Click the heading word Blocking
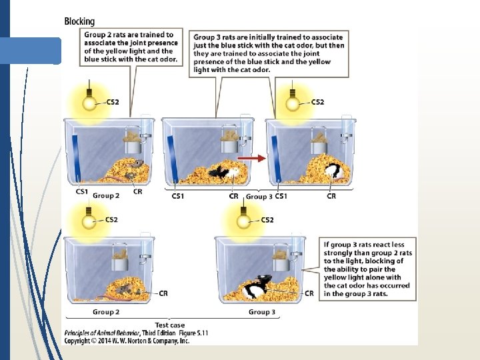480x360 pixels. [x=79, y=21]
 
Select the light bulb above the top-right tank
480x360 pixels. [x=293, y=103]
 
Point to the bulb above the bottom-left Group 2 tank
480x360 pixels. [x=89, y=219]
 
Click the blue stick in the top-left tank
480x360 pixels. [x=75, y=157]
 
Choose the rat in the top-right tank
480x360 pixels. [x=334, y=172]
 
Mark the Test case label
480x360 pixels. [x=169, y=325]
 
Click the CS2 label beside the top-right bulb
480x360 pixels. [x=317, y=102]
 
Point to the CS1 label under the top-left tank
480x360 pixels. [x=82, y=191]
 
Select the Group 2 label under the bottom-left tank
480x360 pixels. [x=106, y=312]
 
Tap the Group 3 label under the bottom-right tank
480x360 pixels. [x=262, y=312]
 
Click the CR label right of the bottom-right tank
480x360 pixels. [x=309, y=293]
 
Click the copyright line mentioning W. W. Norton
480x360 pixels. [x=127, y=340]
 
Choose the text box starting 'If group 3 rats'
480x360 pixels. [x=368, y=269]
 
